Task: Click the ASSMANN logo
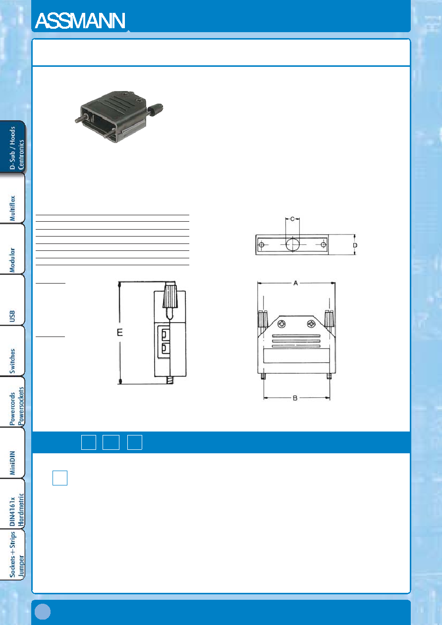(80, 21)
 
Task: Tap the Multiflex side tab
(12, 198)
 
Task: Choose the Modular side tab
(12, 249)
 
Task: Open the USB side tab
(12, 300)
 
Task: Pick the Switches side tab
(12, 351)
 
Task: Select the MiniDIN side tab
(12, 453)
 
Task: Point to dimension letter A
(296, 283)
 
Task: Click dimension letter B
(295, 398)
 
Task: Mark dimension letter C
(292, 219)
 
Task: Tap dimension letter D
(355, 245)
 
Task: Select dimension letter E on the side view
(119, 333)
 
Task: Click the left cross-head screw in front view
(281, 324)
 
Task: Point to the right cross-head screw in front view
(311, 324)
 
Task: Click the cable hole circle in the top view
(292, 244)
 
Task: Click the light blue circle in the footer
(43, 612)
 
